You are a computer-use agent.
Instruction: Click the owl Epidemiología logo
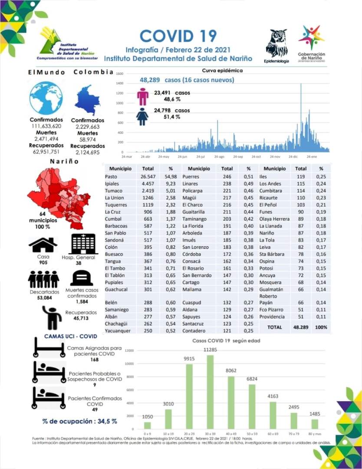tap(276, 44)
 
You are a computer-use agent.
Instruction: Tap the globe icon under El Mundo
tap(46, 98)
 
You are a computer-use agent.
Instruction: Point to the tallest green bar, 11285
tap(210, 392)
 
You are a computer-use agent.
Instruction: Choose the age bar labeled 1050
tap(148, 425)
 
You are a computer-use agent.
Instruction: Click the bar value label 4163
tap(273, 396)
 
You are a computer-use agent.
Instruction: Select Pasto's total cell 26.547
tap(148, 177)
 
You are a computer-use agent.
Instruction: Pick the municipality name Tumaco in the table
tap(114, 191)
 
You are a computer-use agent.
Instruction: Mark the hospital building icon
tap(84, 244)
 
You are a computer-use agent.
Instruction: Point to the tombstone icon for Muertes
tap(82, 278)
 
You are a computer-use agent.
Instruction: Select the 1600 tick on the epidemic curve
tap(120, 74)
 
